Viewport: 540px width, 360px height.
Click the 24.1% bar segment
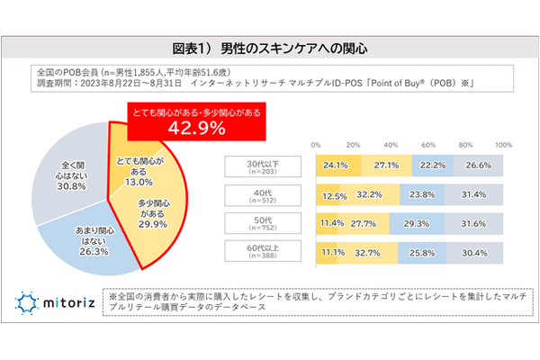point(337,166)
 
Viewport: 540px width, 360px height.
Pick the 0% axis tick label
point(316,144)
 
